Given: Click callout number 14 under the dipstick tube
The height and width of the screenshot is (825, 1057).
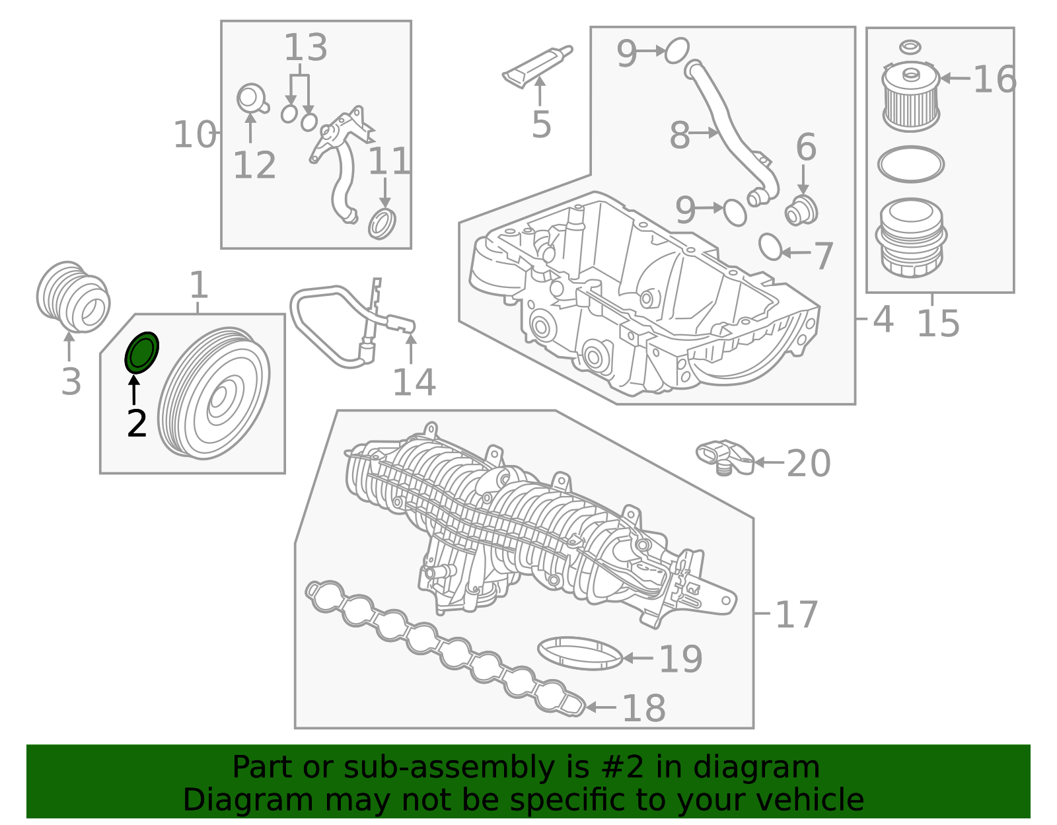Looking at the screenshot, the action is coord(414,382).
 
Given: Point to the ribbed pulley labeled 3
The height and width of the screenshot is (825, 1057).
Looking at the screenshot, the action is coord(73,297).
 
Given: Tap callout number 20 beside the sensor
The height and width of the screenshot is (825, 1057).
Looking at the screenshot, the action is coord(809,464).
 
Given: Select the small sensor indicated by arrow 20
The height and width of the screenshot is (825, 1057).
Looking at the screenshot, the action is coord(724,457).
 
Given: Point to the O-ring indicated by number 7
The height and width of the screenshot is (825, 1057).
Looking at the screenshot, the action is coord(771,247).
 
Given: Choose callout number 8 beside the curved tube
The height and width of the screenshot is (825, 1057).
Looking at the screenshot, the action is coord(680,135).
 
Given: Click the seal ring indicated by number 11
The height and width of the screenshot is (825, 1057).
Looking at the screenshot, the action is coord(382,224).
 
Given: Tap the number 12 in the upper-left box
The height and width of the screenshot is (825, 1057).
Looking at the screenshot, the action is coord(254,165).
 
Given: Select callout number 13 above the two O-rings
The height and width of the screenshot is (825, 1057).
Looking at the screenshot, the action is coord(305,47).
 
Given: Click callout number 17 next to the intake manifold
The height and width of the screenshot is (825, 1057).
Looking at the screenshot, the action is coord(797,615).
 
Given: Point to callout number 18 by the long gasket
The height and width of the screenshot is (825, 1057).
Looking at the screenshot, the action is coord(643,708).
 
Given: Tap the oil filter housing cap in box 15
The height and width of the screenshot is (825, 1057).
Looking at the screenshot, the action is coord(911,238).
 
